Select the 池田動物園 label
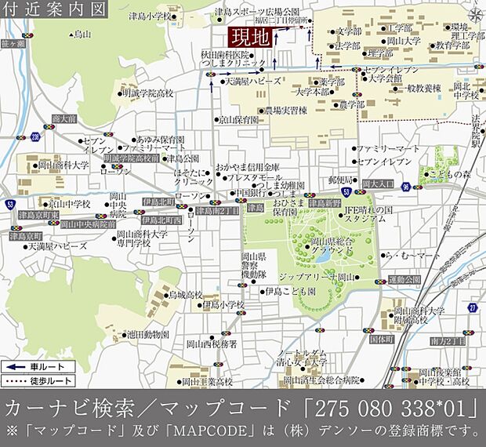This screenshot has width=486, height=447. [147, 334]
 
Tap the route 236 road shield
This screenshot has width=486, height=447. [35, 137]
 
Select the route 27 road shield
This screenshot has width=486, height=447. [472, 307]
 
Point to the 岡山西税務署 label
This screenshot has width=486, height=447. [212, 343]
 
